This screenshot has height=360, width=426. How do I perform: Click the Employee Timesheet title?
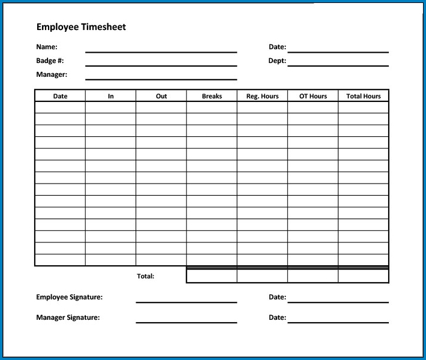[x=81, y=27]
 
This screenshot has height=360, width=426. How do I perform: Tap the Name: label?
[x=47, y=47]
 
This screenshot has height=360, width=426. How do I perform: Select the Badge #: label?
[x=50, y=61]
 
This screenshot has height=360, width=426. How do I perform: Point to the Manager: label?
[x=52, y=75]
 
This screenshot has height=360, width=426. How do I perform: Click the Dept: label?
[x=277, y=61]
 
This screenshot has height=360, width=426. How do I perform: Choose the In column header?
[x=111, y=96]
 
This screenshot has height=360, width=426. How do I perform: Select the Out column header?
[x=161, y=96]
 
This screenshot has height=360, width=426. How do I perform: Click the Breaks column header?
[x=212, y=96]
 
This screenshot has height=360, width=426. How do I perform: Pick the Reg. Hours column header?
[x=262, y=96]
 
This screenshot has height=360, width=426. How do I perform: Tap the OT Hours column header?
[x=313, y=96]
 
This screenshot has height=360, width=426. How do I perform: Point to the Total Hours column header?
[x=364, y=96]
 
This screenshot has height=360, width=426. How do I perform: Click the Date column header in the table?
[x=61, y=96]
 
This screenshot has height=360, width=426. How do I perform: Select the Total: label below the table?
[x=146, y=277]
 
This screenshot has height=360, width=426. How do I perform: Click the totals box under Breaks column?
[x=212, y=276]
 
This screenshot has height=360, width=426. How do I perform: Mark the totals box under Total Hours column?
[x=364, y=276]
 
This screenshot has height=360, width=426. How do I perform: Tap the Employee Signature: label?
[x=69, y=297]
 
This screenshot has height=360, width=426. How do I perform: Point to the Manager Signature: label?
[x=68, y=318]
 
